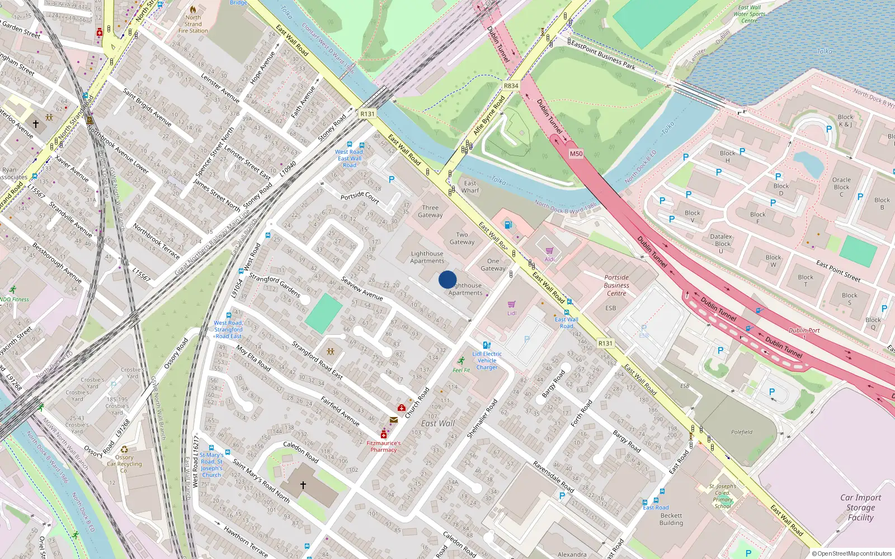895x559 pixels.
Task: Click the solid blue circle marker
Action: [x=447, y=279]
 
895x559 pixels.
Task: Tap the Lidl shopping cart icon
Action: [x=511, y=305]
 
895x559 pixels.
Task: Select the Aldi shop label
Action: [x=550, y=259]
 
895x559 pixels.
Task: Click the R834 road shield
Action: [x=511, y=86]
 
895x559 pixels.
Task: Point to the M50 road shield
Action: [x=576, y=154]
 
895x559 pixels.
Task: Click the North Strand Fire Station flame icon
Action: [x=193, y=10]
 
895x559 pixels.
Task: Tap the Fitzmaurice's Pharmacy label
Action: [x=384, y=446]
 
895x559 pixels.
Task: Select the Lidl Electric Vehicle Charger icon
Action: [x=487, y=345]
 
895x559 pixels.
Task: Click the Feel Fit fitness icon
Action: [x=461, y=361]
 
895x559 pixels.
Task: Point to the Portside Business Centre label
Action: [x=616, y=285]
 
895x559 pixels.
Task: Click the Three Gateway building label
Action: [x=430, y=211]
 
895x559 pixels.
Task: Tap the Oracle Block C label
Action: [x=841, y=187]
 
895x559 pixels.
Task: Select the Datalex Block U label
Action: [x=722, y=244]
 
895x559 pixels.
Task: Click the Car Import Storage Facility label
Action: [x=860, y=508]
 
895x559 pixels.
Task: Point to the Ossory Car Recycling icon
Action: [x=124, y=449]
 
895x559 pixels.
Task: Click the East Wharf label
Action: [x=470, y=187]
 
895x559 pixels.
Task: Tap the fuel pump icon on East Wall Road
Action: [x=508, y=225]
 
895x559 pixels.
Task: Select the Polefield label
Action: [x=742, y=432]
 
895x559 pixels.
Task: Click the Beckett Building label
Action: [x=671, y=519]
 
